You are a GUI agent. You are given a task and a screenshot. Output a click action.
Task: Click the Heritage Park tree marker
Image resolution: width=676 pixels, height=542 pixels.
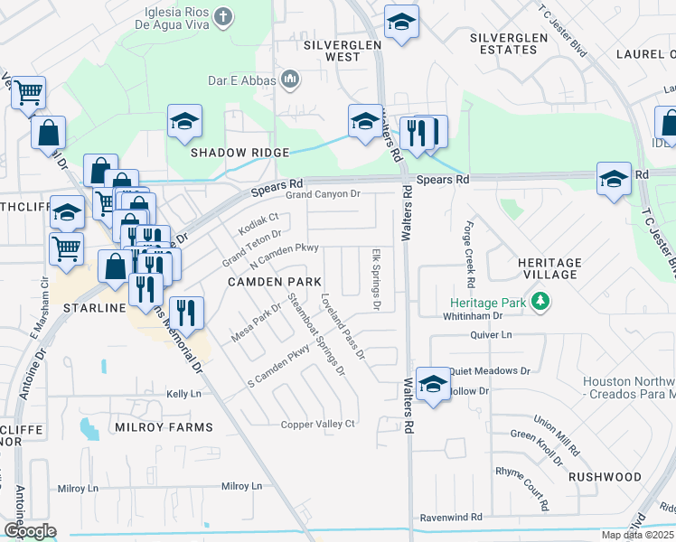coord(540,300)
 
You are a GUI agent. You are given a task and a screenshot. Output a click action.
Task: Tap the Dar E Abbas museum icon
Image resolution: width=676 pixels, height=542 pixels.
coord(290,80)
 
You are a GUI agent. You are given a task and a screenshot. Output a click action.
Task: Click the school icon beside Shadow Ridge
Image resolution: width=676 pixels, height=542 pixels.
coord(184,122)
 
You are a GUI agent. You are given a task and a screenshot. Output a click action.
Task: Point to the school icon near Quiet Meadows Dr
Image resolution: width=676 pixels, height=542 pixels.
coord(433,386)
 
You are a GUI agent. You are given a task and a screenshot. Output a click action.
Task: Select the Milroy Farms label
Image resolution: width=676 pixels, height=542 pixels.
coord(171,426)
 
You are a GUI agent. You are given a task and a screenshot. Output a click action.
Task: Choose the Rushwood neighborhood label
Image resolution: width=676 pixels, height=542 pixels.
coord(606,476)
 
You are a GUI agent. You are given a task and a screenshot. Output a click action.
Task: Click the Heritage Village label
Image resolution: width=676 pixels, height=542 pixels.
coord(549,267)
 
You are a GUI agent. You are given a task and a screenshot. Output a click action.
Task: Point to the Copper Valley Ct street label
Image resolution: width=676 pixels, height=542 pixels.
coord(318,424)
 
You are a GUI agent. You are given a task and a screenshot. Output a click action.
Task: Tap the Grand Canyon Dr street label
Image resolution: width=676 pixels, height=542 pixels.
coord(323,194)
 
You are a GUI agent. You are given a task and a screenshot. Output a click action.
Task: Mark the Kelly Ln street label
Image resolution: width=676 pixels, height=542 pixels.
coord(183,394)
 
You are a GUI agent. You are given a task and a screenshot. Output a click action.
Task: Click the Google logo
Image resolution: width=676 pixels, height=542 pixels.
coord(29,530)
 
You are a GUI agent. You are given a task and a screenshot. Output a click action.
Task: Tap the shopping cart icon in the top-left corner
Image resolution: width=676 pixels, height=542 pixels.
coord(28,92)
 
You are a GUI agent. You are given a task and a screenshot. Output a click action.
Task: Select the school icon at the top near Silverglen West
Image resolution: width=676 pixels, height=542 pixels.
coord(401,23)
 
